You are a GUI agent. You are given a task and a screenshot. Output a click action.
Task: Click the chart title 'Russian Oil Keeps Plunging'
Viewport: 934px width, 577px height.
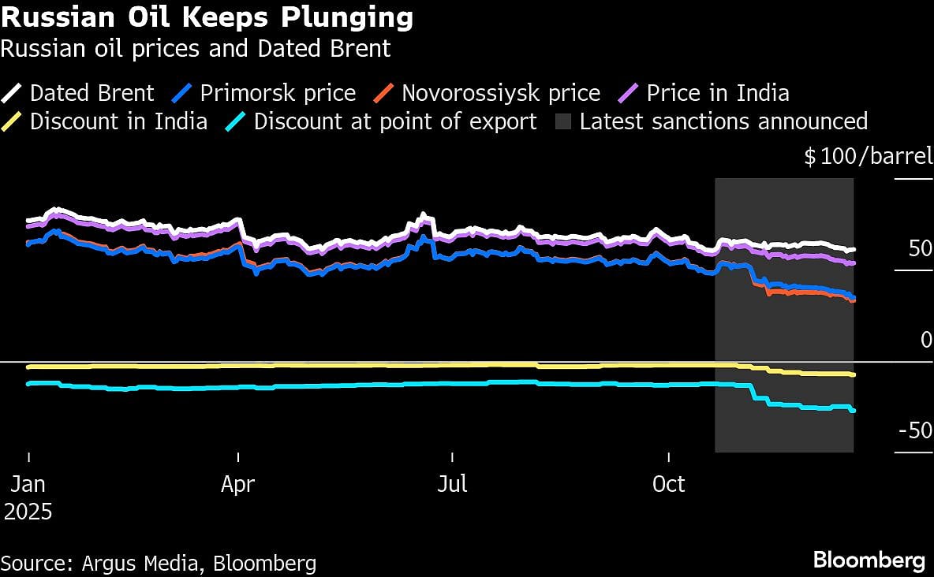(207, 17)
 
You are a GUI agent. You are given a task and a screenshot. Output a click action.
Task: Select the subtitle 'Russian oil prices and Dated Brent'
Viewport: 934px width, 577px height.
(196, 49)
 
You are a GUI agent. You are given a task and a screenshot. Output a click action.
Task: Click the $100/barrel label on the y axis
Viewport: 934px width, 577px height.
(868, 157)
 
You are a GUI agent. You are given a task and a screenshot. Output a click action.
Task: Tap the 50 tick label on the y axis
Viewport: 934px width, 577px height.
(920, 249)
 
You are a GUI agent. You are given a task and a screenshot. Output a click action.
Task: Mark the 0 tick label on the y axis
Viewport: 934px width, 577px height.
(926, 340)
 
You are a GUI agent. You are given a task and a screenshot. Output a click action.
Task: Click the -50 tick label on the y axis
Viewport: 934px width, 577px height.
(914, 431)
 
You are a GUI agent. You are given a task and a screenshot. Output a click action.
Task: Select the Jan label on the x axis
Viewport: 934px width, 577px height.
(28, 483)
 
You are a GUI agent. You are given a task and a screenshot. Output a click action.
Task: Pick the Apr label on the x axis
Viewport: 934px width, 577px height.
(237, 483)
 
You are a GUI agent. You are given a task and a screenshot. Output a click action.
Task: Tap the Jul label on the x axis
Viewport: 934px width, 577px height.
(453, 483)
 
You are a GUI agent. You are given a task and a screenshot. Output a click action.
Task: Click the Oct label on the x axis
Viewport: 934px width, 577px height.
(668, 483)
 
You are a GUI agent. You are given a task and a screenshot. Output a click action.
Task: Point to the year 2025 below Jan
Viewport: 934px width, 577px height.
(28, 512)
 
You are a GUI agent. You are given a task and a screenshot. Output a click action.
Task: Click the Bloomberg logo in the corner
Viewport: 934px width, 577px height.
(869, 560)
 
